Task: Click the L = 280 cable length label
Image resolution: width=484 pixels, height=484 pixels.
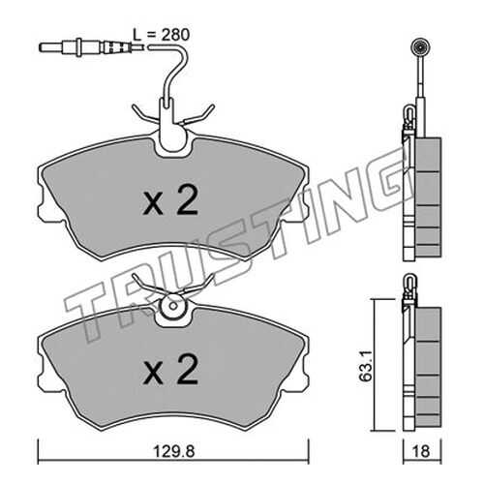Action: [x=161, y=35]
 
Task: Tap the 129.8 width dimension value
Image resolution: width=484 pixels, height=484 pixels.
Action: [x=173, y=451]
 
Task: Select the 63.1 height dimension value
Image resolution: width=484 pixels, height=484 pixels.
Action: [x=366, y=366]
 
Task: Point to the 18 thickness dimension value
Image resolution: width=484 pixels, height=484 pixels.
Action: [x=421, y=451]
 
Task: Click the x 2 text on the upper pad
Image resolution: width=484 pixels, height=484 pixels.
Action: [x=170, y=201]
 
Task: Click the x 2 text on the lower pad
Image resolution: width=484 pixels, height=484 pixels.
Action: [x=170, y=369]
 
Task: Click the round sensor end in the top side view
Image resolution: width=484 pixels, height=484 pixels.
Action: [x=420, y=49]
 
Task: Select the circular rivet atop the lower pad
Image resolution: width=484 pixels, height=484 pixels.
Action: [x=172, y=306]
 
